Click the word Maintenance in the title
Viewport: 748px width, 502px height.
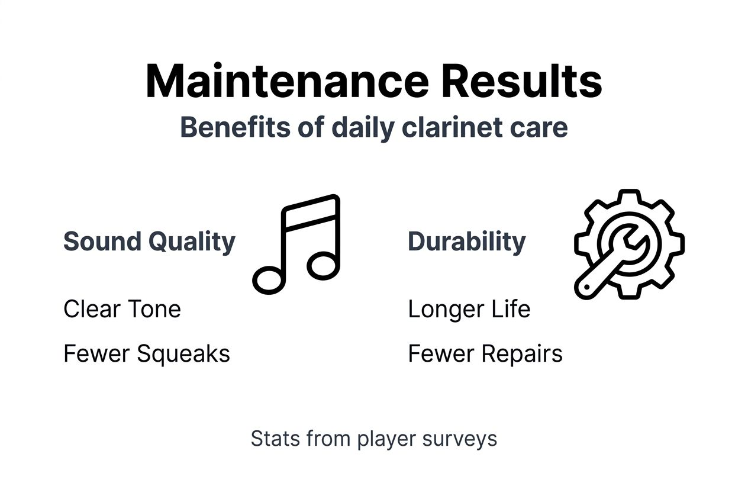[286, 81]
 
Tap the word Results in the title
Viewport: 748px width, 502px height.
[521, 81]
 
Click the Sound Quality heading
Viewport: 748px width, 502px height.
[149, 242]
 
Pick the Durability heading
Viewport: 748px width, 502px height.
[466, 242]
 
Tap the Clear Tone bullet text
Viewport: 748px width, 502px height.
[122, 309]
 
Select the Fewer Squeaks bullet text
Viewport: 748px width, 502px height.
[146, 354]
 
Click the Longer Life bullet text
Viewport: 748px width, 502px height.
[469, 309]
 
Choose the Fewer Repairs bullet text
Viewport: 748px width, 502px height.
[485, 354]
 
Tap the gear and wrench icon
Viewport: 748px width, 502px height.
[629, 244]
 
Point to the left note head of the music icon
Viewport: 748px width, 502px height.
[268, 279]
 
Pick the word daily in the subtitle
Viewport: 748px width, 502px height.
[354, 128]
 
